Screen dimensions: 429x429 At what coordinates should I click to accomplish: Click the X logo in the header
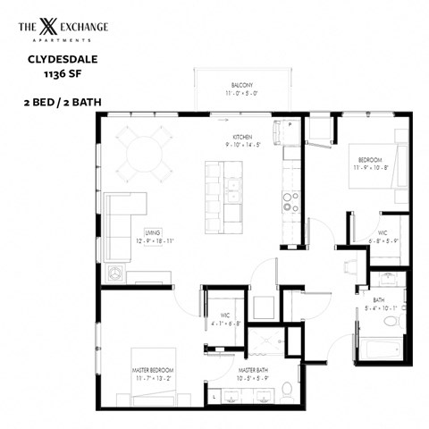pyautogui.click(x=61, y=28)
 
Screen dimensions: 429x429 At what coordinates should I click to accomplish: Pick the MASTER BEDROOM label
pyautogui.click(x=153, y=369)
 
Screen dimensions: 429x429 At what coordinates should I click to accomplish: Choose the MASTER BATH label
pyautogui.click(x=254, y=369)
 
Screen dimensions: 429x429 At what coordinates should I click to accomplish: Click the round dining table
pyautogui.click(x=148, y=153)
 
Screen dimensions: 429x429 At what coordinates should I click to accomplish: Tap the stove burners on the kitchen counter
pyautogui.click(x=290, y=198)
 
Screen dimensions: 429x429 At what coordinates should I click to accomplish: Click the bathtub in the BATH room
pyautogui.click(x=379, y=347)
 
